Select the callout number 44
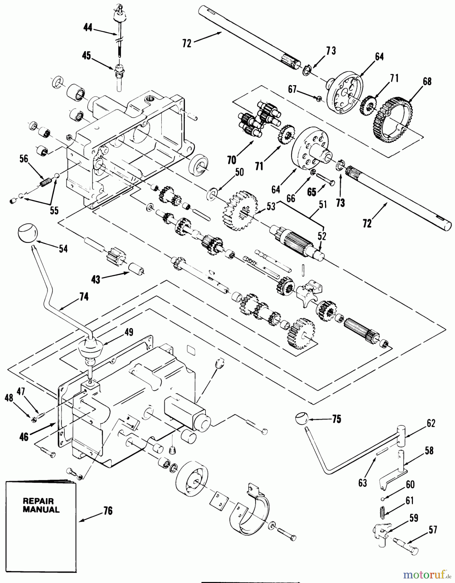click(x=88, y=29)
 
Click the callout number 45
click(x=87, y=56)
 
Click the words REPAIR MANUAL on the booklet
click(x=41, y=505)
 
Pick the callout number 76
click(x=108, y=511)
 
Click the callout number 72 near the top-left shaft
click(x=187, y=43)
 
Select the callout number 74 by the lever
click(x=84, y=297)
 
